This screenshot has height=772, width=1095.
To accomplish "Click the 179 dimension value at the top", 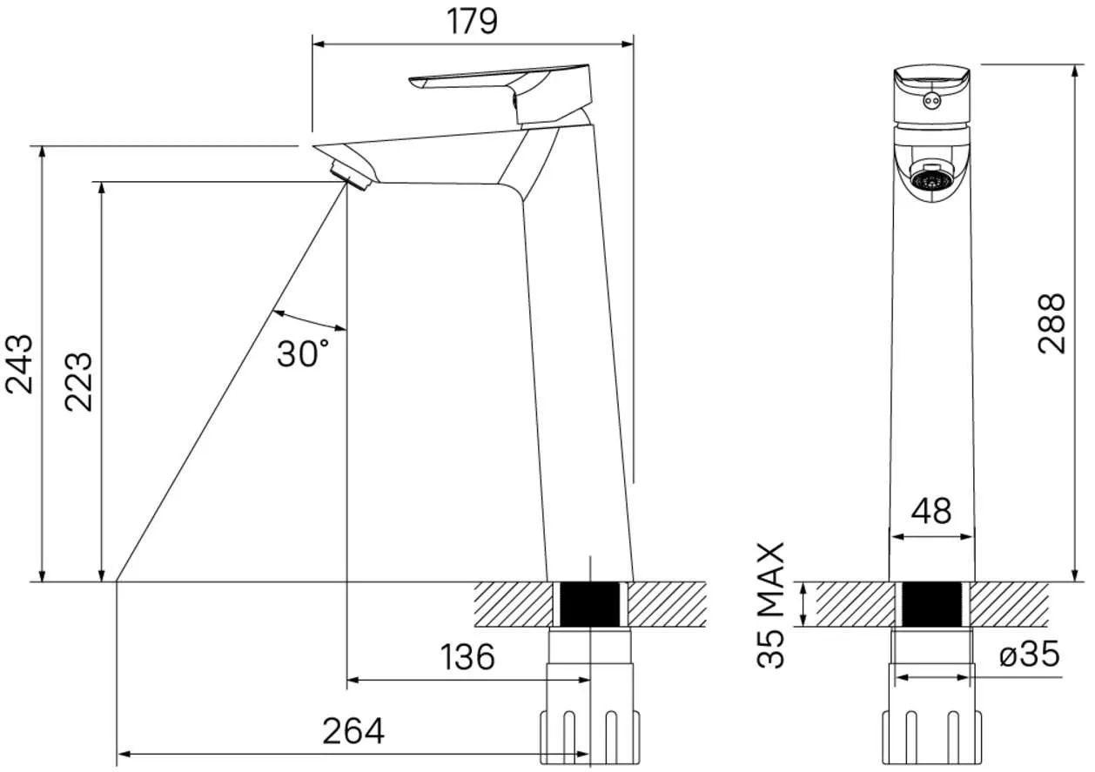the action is [473, 22].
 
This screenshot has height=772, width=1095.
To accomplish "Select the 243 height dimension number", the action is [19, 365].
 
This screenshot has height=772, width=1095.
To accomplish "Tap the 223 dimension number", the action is [78, 382].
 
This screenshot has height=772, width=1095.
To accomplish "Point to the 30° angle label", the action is [303, 353].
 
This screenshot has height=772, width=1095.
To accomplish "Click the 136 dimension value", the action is [467, 657].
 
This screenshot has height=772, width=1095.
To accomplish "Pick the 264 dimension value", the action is [353, 731].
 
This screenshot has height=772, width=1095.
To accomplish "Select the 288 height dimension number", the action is [1051, 323].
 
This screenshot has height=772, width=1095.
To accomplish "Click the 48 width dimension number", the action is [931, 512].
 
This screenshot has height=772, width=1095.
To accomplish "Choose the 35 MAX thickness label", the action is [771, 605].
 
